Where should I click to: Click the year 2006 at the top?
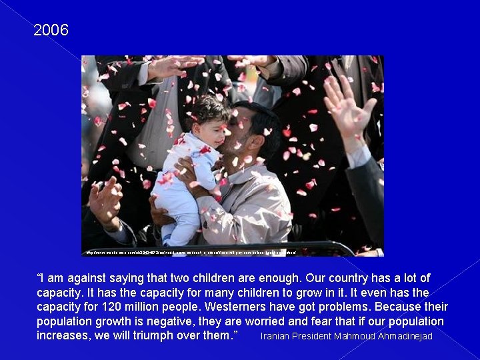tap(51, 31)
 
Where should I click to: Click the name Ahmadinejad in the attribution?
tap(405, 336)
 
